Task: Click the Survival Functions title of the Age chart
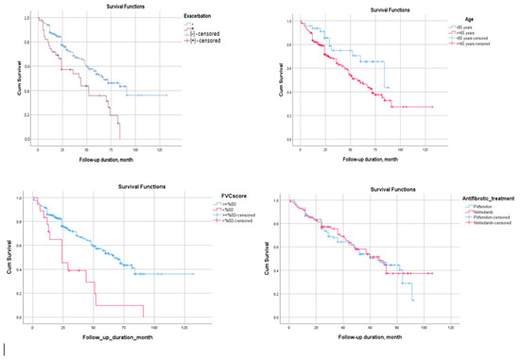tap(364, 8)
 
